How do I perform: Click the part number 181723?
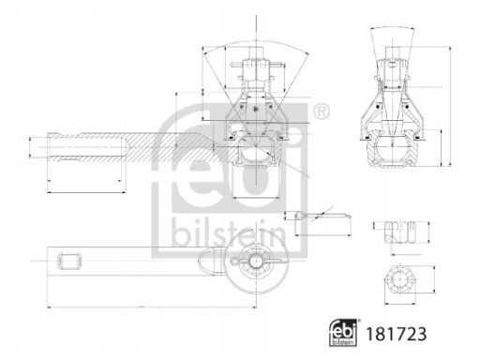pyautogui.click(x=396, y=334)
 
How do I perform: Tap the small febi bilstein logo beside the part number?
pyautogui.click(x=343, y=333)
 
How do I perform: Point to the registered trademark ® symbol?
pyautogui.click(x=321, y=111)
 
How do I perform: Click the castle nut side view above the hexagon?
pyautogui.click(x=399, y=232)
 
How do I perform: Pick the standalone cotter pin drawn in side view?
pyautogui.click(x=322, y=216)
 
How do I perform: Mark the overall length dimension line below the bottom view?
pyautogui.click(x=152, y=307)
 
